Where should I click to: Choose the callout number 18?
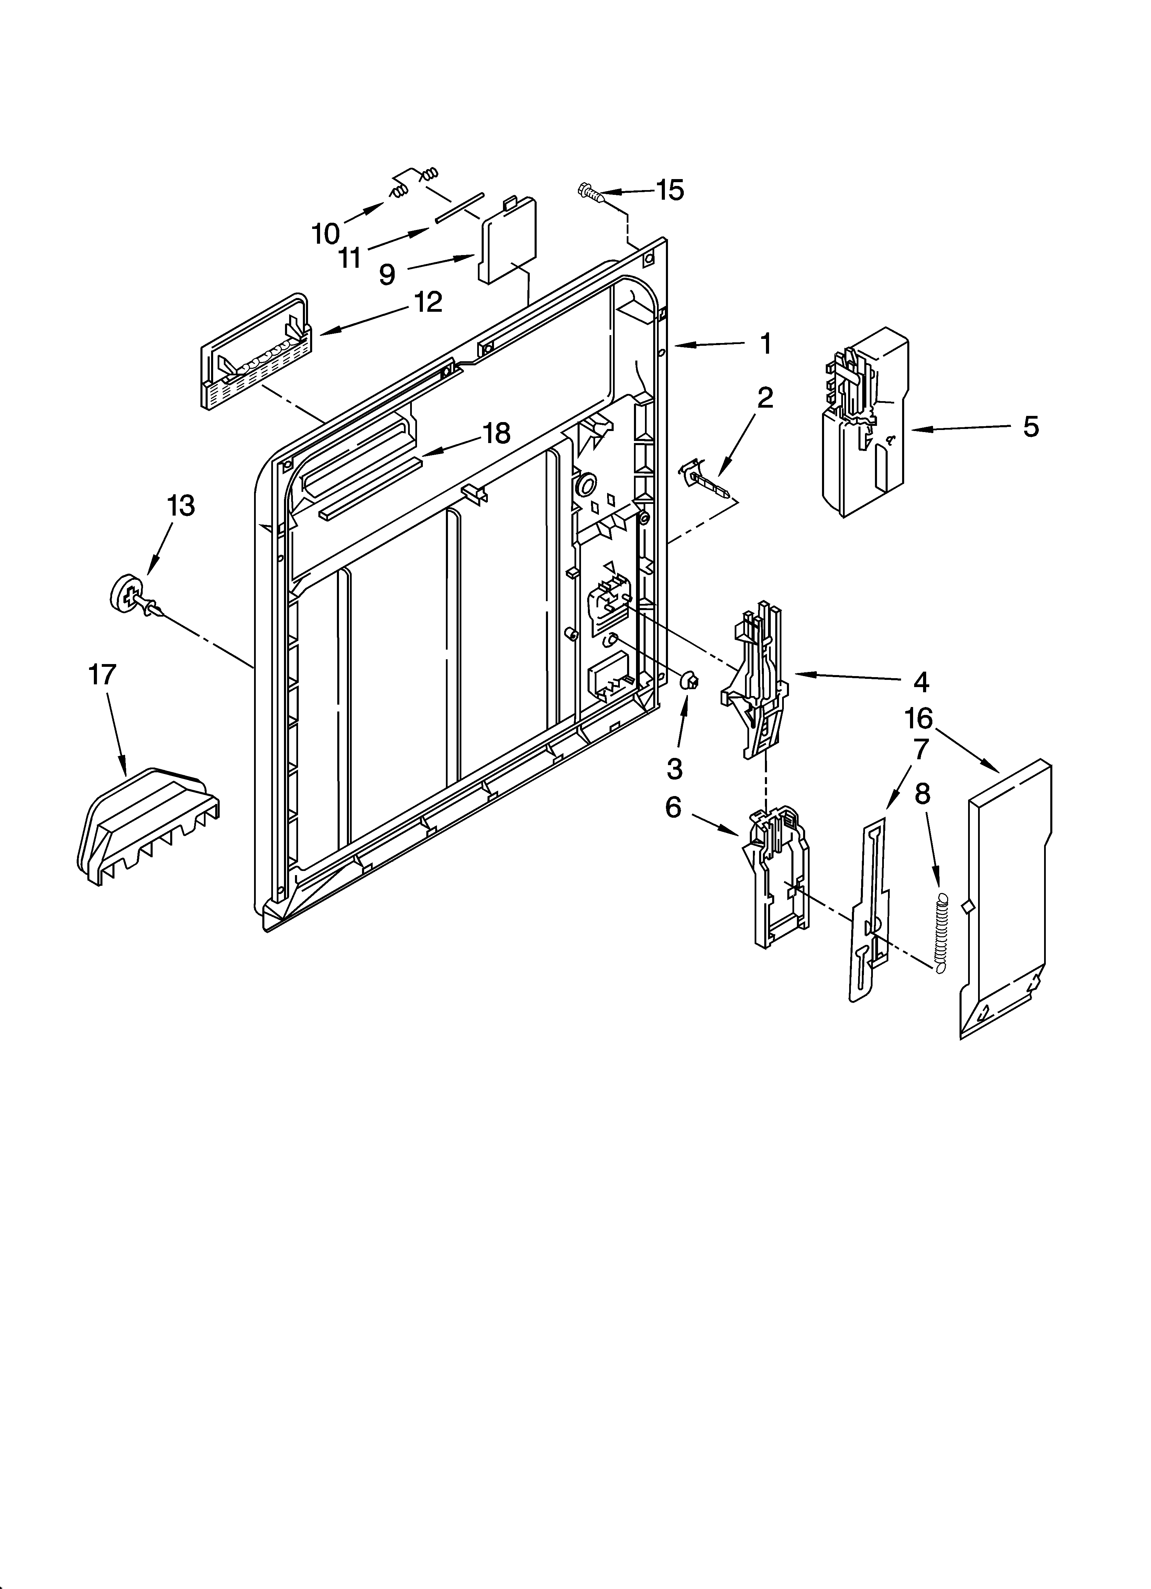496,434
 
